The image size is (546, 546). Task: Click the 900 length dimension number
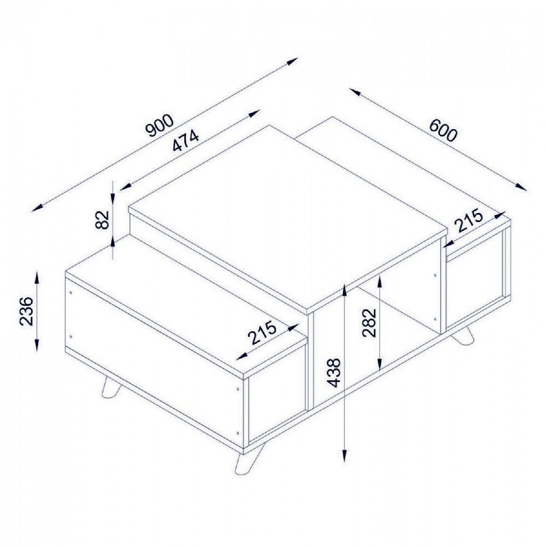pyautogui.click(x=159, y=126)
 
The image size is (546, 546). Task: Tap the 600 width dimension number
pyautogui.click(x=443, y=131)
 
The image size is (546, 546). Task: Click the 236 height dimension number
pyautogui.click(x=26, y=311)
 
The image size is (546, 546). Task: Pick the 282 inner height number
pyautogui.click(x=369, y=323)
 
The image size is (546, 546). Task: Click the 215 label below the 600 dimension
pyautogui.click(x=468, y=220)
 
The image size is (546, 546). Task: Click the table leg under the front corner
pyautogui.click(x=245, y=460)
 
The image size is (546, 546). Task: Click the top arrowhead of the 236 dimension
pyautogui.click(x=37, y=278)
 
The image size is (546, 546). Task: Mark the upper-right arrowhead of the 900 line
pyautogui.click(x=292, y=61)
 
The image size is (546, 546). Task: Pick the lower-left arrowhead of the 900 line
pyautogui.click(x=38, y=207)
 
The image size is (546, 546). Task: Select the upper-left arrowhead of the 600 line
pyautogui.click(x=355, y=92)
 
